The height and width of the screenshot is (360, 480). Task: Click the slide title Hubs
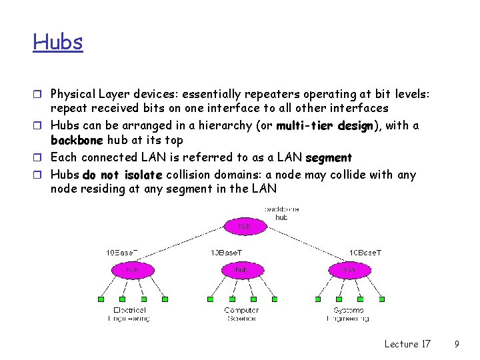(x=58, y=42)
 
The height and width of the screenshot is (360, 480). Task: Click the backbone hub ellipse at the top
(x=245, y=226)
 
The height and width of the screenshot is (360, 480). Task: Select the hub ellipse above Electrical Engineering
(x=133, y=269)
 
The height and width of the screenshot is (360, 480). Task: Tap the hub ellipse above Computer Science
(x=241, y=269)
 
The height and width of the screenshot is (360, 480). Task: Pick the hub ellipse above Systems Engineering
(x=349, y=269)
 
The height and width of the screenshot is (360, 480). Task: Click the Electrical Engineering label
(x=129, y=314)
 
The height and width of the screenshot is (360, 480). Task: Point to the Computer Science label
(x=241, y=314)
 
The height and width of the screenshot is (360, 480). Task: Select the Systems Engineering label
(x=348, y=314)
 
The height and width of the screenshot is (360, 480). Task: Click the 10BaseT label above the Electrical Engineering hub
(x=122, y=253)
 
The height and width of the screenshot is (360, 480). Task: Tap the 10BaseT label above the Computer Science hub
(x=227, y=253)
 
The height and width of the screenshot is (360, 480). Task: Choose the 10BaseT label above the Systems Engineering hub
(x=366, y=253)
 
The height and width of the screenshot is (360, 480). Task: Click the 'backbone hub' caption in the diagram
(x=282, y=213)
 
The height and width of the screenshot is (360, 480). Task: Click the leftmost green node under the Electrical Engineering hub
(x=101, y=299)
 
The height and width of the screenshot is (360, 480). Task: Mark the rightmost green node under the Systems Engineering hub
(x=381, y=299)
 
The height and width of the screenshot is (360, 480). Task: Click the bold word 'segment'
(x=328, y=158)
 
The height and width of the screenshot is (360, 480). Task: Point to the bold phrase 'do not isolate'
(x=123, y=175)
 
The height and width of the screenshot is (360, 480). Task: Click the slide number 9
(x=457, y=344)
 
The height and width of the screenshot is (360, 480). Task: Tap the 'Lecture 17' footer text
(x=407, y=344)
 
